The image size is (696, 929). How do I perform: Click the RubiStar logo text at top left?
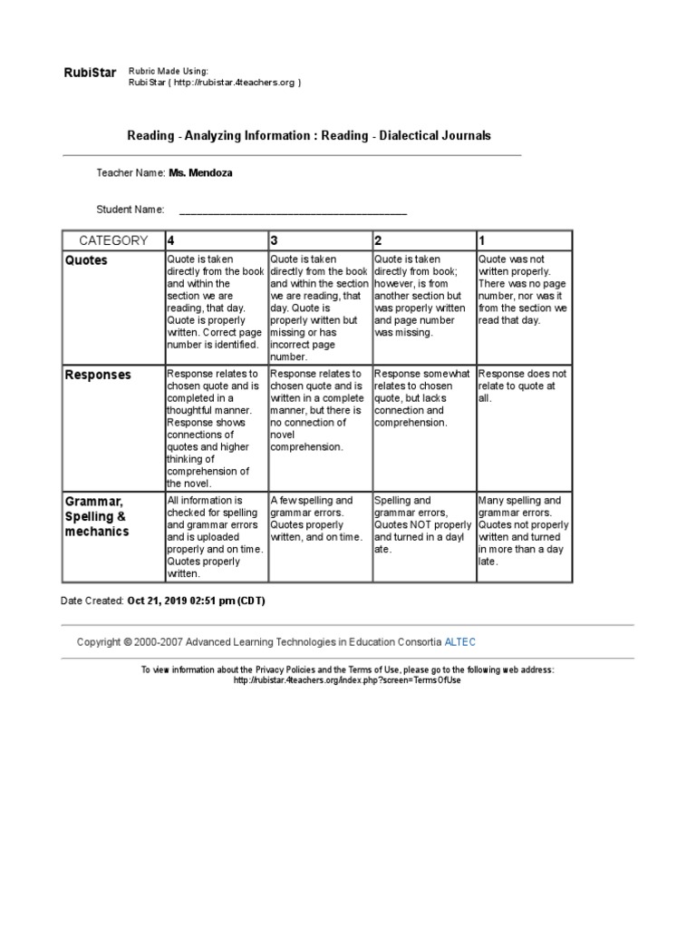click(90, 73)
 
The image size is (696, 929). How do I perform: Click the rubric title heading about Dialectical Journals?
click(309, 135)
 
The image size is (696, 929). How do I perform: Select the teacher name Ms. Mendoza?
click(200, 172)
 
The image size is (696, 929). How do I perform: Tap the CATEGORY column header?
click(113, 240)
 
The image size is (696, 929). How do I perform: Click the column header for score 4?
click(170, 240)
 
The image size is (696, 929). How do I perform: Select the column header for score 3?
click(274, 240)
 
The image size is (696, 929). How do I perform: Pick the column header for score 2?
click(379, 240)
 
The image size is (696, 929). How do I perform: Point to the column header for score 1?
click(482, 240)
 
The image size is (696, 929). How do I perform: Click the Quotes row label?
click(86, 260)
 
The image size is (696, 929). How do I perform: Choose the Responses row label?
click(98, 375)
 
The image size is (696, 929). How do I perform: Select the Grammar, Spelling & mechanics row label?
click(97, 516)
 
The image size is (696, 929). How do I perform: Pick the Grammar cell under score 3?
click(320, 519)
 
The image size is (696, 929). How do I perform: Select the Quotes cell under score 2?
click(421, 296)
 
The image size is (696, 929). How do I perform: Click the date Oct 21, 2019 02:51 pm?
click(196, 601)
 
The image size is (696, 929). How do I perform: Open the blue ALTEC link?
click(459, 642)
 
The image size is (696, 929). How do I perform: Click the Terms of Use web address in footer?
click(348, 680)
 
